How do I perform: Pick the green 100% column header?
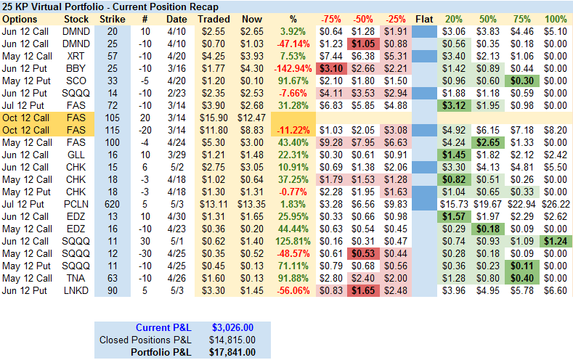pyautogui.click(x=556, y=19)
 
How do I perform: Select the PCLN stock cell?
pyautogui.click(x=76, y=204)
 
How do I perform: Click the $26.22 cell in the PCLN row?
pyautogui.click(x=556, y=204)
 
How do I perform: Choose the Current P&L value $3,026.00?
pyautogui.click(x=233, y=327)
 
